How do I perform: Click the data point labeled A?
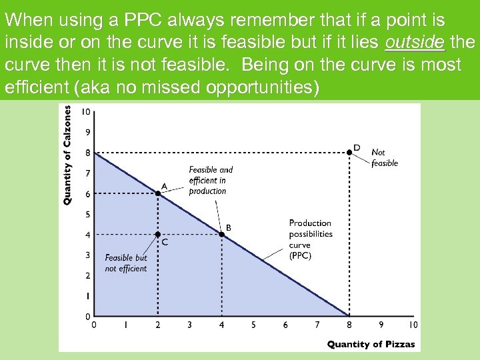click(158, 193)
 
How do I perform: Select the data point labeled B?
click(222, 234)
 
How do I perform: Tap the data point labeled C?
click(158, 234)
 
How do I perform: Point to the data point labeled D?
click(349, 153)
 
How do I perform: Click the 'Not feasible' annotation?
click(384, 157)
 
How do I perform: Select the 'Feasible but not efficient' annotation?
click(126, 263)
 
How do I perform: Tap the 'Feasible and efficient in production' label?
click(211, 180)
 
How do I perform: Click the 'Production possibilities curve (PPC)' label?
click(310, 239)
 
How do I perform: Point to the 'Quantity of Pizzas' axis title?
click(371, 345)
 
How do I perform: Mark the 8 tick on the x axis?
click(349, 325)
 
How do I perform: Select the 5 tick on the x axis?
click(253, 325)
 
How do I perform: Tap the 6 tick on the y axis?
click(87, 194)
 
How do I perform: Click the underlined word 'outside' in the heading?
click(414, 43)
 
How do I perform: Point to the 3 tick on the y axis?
click(87, 255)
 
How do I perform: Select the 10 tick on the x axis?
click(413, 325)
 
